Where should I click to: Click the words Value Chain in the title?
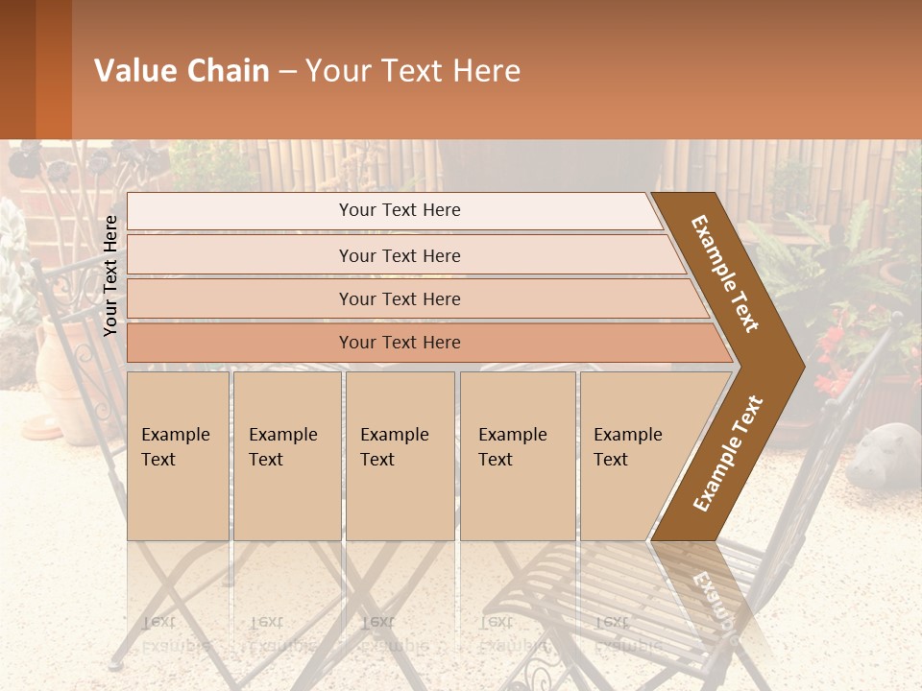pos(182,71)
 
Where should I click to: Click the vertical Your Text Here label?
pos(110,275)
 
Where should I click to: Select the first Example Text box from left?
pos(178,456)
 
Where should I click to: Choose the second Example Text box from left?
pos(286,456)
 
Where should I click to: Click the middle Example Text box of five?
pos(400,456)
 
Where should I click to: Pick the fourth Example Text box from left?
pos(517,456)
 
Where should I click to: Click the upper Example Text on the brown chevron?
pos(725,274)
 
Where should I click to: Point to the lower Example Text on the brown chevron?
pos(728,453)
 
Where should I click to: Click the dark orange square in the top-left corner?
pos(35,69)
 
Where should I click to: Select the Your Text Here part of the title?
pos(413,71)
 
